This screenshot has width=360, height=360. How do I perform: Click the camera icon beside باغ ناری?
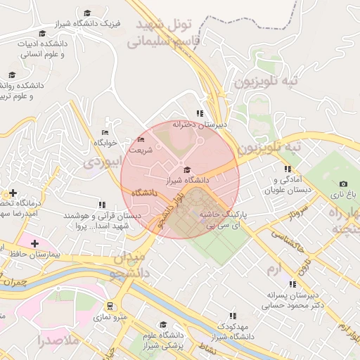[x=334, y=184]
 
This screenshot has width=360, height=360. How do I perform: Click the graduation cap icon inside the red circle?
[x=186, y=169]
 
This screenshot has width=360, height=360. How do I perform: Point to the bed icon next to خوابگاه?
[x=105, y=132]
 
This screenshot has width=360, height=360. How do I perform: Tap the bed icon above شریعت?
[x=141, y=139]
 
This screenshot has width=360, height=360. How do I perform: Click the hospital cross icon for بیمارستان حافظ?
[x=34, y=243]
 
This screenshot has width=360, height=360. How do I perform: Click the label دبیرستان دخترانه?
[x=202, y=124]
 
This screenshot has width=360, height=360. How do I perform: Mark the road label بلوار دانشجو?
[x=172, y=210]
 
